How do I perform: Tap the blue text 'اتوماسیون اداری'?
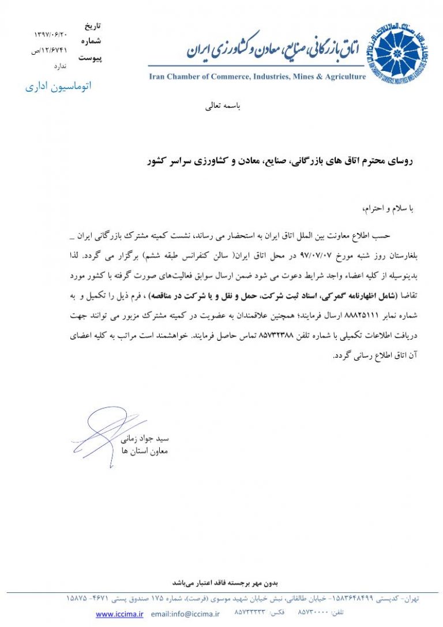pos(58,88)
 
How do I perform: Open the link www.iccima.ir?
pos(119,614)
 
